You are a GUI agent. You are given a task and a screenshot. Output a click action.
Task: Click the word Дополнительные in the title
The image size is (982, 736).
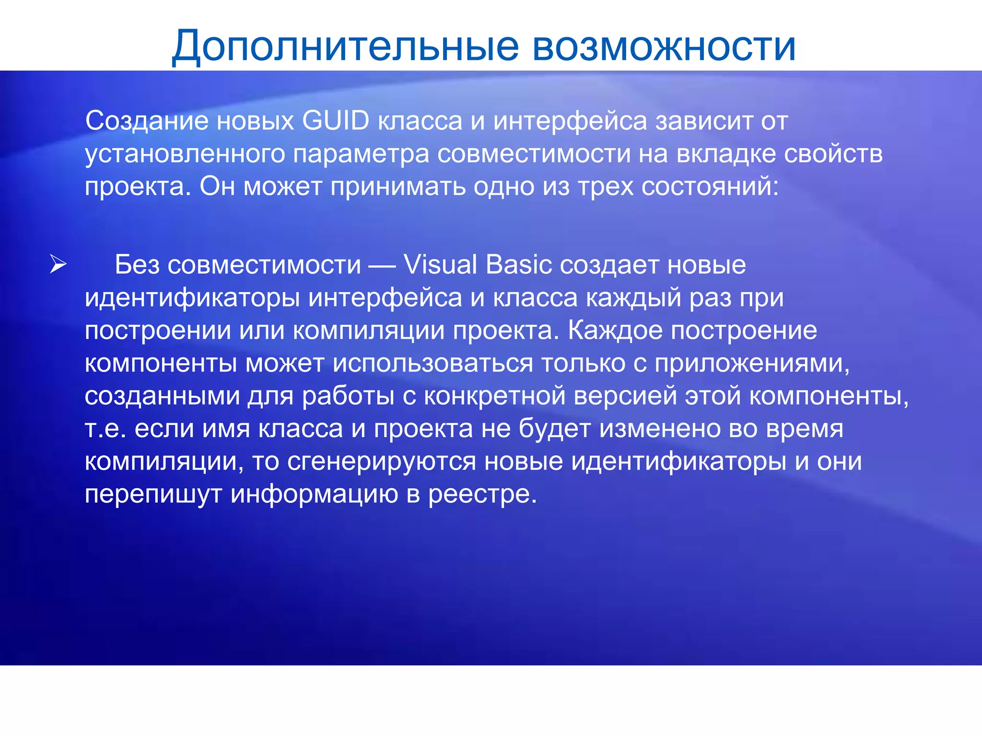coord(345,47)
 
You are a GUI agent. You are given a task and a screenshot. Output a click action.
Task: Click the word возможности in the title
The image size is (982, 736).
coord(664,47)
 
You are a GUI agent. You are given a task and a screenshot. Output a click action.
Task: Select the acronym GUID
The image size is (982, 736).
coord(336,121)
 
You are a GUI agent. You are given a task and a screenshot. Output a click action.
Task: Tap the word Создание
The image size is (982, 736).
coord(147,121)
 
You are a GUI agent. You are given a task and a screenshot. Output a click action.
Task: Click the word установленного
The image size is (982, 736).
coord(185,154)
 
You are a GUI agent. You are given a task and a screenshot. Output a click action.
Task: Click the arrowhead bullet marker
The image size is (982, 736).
coord(58,264)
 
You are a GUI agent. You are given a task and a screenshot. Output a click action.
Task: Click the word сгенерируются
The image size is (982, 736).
coord(382,461)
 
